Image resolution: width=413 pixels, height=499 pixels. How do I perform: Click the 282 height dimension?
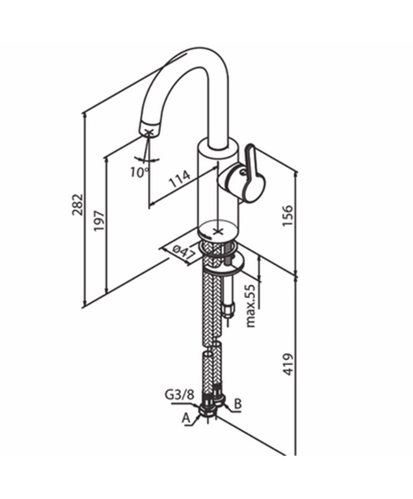pyautogui.click(x=77, y=205)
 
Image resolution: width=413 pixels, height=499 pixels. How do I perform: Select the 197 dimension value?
pyautogui.click(x=99, y=220)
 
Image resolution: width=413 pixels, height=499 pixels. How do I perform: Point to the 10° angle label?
pyautogui.click(x=140, y=172)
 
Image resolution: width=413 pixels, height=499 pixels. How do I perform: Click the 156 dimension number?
pyautogui.click(x=287, y=215)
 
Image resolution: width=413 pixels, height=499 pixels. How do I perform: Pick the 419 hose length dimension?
pyautogui.click(x=287, y=364)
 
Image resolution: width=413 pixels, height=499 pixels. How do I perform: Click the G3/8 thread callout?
pyautogui.click(x=180, y=395)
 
